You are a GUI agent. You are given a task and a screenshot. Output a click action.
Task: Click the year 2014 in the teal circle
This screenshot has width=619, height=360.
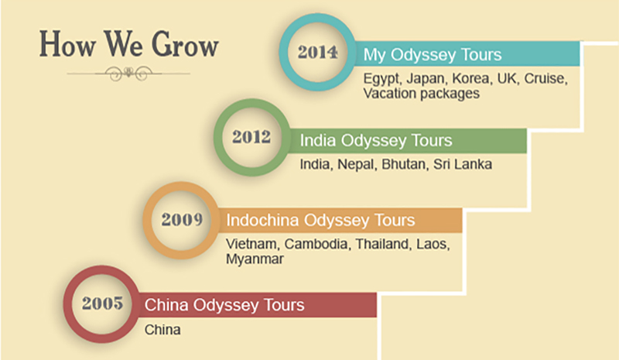317,52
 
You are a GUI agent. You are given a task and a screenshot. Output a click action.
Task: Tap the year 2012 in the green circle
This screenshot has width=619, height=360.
251,137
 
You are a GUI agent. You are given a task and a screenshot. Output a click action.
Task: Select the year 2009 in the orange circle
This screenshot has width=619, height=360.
182,219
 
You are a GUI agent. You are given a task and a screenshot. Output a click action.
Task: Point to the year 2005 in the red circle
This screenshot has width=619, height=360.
103,303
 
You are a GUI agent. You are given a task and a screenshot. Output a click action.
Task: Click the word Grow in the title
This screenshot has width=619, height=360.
185,45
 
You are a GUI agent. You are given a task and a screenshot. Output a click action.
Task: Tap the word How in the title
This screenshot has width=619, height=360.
67,44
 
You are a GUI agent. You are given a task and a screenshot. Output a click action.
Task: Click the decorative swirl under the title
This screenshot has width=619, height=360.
128,73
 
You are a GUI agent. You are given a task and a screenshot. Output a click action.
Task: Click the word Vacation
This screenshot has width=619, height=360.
390,94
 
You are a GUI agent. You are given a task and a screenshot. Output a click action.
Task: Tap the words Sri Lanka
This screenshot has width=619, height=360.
463,164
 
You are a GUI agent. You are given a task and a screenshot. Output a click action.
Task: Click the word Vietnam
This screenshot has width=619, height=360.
253,244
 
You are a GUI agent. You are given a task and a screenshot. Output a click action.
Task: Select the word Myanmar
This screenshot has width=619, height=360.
255,259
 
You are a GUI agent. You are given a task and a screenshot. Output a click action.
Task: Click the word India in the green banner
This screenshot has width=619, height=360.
317,140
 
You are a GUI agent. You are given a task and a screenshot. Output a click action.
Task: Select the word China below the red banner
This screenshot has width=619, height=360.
162,330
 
